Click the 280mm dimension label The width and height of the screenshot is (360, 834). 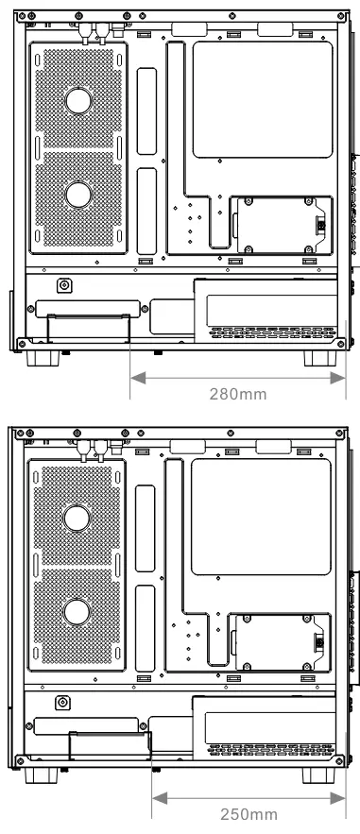[x=238, y=394]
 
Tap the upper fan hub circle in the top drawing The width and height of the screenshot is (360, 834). [x=78, y=100]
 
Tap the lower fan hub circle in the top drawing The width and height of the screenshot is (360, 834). [x=78, y=196]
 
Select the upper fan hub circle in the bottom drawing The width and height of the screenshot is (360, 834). [x=77, y=518]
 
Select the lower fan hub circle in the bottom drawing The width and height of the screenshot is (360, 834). [x=77, y=612]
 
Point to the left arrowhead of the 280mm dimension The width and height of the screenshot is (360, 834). [x=138, y=378]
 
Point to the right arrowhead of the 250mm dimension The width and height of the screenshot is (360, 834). [x=337, y=798]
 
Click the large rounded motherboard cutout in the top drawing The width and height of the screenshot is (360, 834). [x=263, y=99]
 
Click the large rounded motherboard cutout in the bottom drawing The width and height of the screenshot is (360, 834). [x=261, y=517]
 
